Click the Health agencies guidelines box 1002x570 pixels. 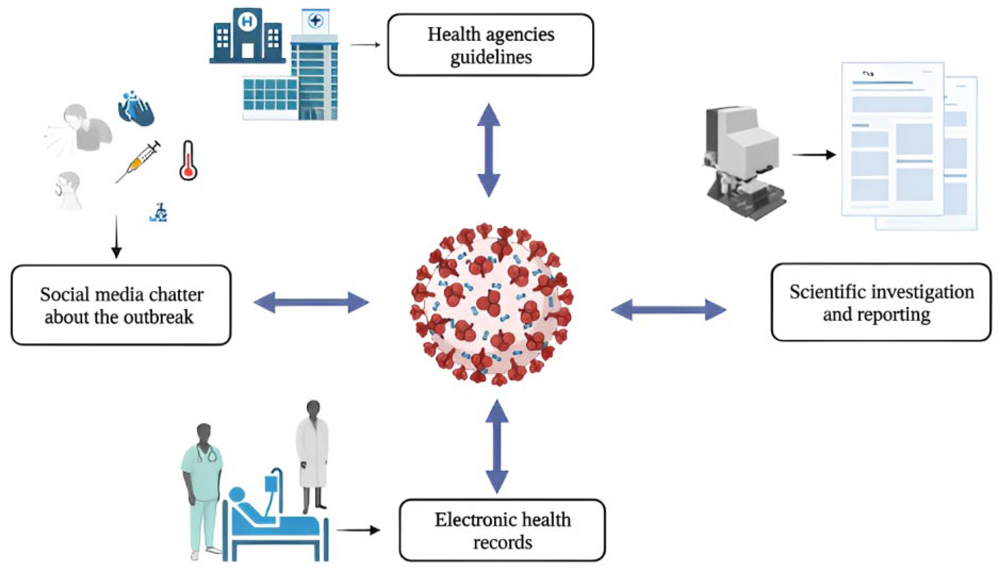click(490, 45)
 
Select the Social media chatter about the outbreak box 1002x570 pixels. click(121, 305)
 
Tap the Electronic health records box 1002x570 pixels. click(502, 530)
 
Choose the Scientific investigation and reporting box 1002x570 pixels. click(881, 302)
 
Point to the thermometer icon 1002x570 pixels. click(188, 160)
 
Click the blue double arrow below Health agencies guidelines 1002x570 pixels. click(489, 150)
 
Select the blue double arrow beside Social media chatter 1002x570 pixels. click(311, 302)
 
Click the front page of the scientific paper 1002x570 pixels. click(892, 139)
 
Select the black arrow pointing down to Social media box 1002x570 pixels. click(116, 237)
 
